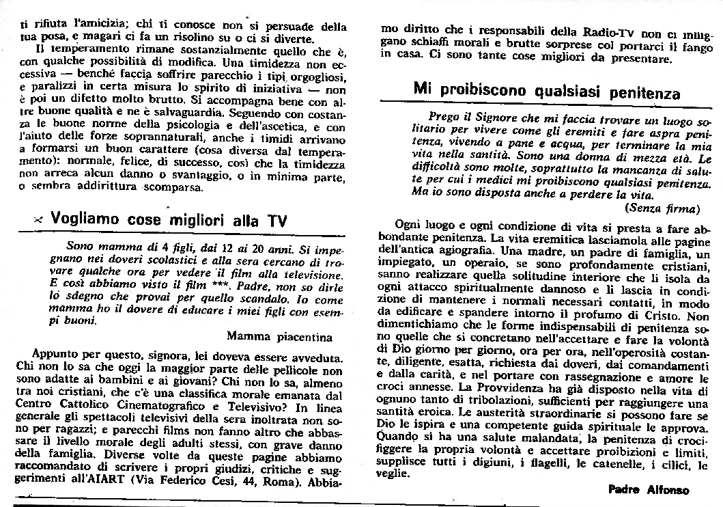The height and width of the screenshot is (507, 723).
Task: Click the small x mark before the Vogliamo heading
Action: [39, 221]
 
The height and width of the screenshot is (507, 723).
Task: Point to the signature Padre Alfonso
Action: [649, 490]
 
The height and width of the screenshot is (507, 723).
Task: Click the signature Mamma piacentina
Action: [280, 337]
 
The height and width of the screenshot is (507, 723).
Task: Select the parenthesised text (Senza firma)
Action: [662, 208]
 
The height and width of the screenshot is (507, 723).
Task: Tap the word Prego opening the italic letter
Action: [444, 116]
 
